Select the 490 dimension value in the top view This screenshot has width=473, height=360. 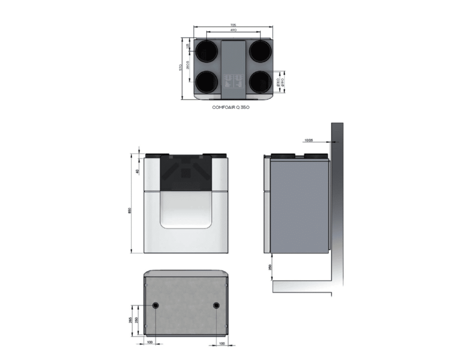[x=233, y=30]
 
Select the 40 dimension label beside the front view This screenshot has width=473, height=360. [x=137, y=171]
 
